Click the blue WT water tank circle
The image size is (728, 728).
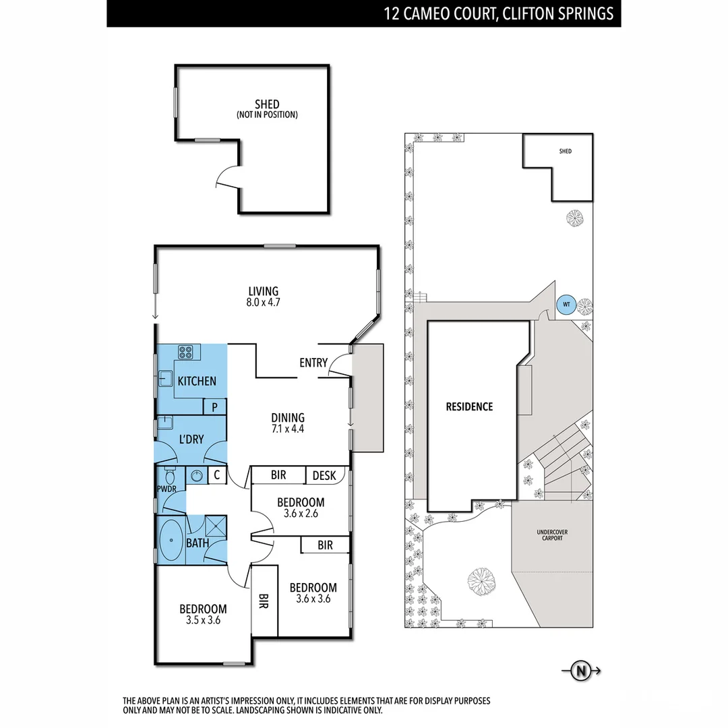pos(566,305)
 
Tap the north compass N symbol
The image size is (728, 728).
pos(580,670)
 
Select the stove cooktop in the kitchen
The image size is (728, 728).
pos(187,351)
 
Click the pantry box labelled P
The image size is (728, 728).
pos(215,406)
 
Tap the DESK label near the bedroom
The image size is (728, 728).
pos(324,475)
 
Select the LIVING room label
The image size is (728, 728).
pos(263,291)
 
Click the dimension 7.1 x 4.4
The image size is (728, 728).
pos(288,429)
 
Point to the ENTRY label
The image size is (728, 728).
pos(313,363)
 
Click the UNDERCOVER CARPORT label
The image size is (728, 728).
pos(552,535)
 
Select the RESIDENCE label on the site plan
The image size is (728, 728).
pos(469,406)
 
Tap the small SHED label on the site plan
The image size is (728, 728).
pos(565,152)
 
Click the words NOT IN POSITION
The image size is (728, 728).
pos(267,115)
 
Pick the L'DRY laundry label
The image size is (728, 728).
pos(191,439)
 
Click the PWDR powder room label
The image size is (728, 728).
pos(166,488)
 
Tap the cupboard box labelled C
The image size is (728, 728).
pos(216,475)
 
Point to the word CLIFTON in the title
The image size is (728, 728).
pos(532,13)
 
